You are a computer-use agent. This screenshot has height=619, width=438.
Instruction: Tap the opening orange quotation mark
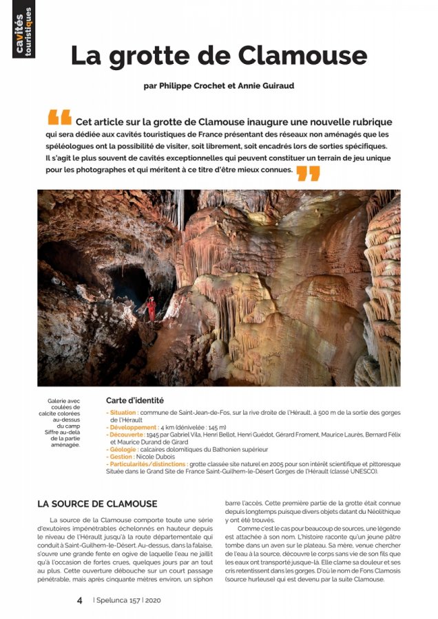point(59,118)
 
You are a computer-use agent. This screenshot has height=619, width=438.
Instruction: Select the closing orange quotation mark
point(308,173)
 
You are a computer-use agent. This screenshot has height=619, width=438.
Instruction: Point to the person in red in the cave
point(152,308)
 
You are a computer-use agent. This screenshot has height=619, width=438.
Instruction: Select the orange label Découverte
point(127,435)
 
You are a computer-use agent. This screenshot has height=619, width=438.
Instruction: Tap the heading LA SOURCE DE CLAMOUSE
point(97,504)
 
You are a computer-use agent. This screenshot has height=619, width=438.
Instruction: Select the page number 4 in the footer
point(80,600)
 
